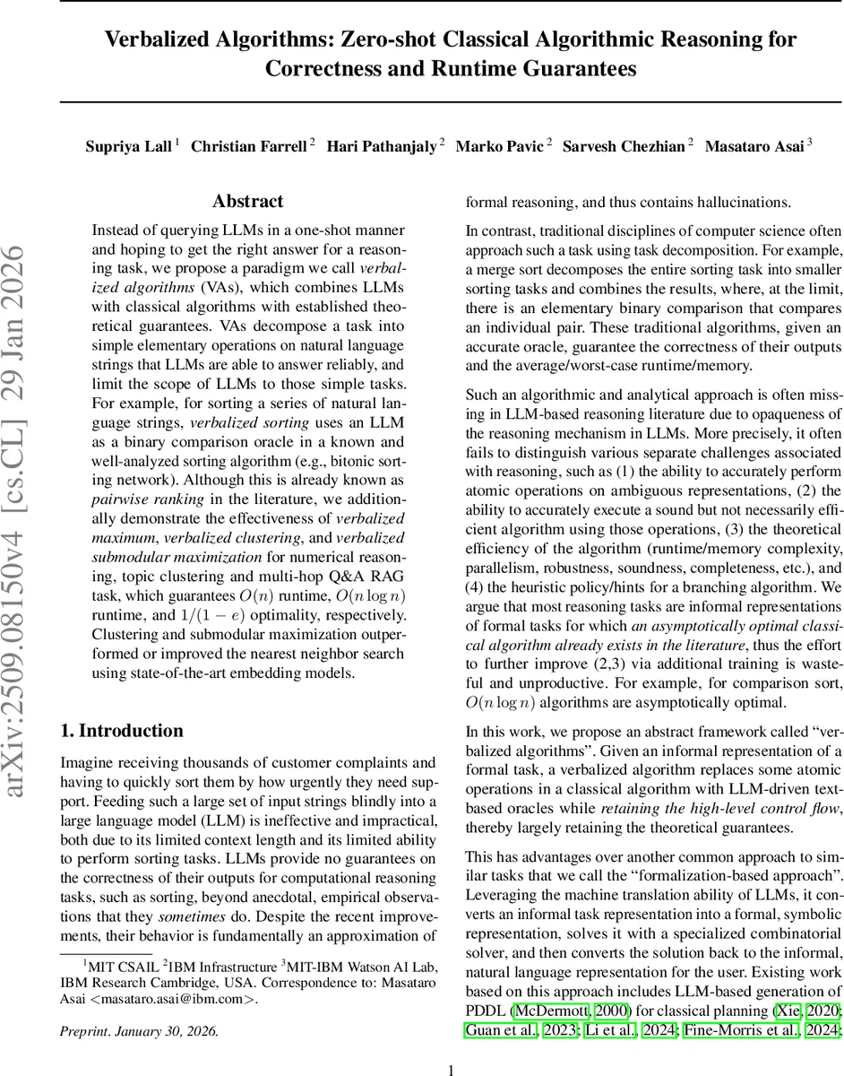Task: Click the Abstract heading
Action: [247, 202]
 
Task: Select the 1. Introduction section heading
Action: [121, 731]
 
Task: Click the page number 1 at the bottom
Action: [452, 1069]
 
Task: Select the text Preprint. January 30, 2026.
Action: [138, 1031]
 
